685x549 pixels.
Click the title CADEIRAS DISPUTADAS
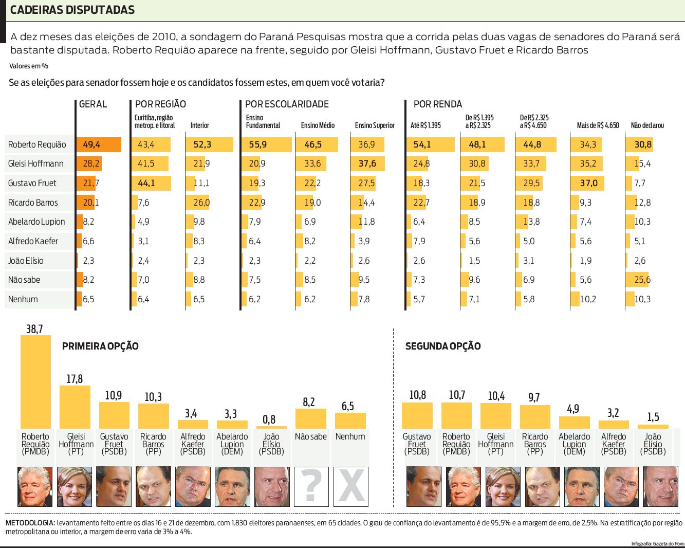[x=72, y=10]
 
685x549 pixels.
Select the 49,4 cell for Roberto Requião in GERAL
[x=91, y=144]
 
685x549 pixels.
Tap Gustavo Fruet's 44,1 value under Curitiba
[x=146, y=183]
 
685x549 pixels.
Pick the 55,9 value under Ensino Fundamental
[x=257, y=144]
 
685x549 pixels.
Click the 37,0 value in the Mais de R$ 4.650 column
[x=589, y=183]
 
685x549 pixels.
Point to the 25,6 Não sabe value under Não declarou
[x=642, y=280]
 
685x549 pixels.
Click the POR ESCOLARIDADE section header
[x=287, y=104]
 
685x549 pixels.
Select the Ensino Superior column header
[x=375, y=125]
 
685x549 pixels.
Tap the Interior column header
[x=199, y=125]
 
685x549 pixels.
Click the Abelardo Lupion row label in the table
[x=36, y=222]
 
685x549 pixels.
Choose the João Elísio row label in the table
[x=26, y=261]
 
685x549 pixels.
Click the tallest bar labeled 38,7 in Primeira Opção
[x=35, y=381]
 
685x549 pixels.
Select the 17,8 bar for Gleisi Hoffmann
[x=75, y=406]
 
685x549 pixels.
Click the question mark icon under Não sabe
[x=311, y=486]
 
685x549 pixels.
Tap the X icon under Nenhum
[x=351, y=486]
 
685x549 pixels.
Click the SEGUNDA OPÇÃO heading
[x=443, y=346]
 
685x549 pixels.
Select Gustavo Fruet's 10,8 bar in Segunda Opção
[x=417, y=415]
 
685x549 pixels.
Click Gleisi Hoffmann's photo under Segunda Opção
[x=503, y=486]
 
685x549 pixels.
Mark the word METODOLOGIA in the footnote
[x=30, y=523]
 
